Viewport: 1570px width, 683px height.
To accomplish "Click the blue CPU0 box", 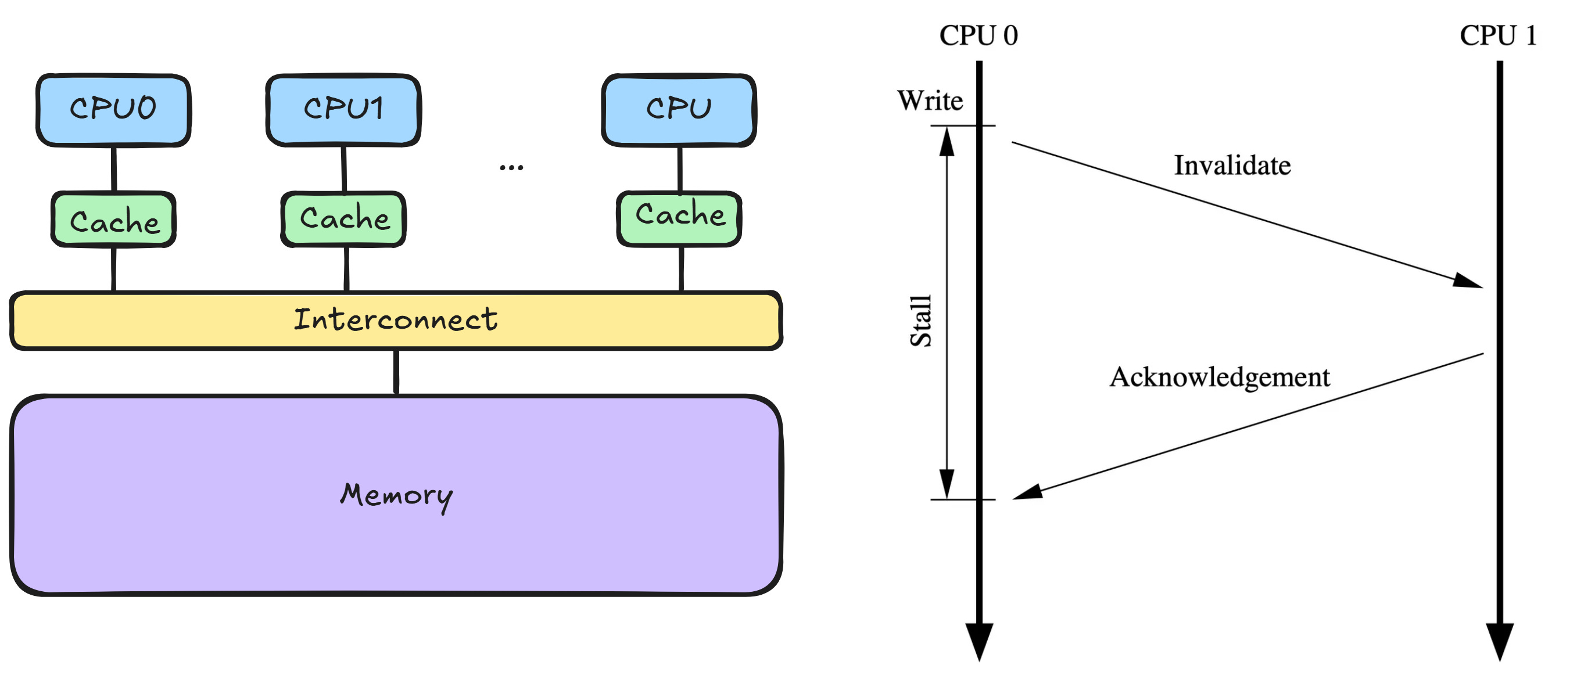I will pyautogui.click(x=113, y=110).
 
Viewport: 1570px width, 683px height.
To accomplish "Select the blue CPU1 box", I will pyautogui.click(x=343, y=110).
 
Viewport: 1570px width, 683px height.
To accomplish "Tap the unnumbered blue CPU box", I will pyautogui.click(x=679, y=110).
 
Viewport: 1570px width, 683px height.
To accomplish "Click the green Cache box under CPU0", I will pyautogui.click(x=114, y=220).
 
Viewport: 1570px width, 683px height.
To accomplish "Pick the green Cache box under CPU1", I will pyautogui.click(x=344, y=219).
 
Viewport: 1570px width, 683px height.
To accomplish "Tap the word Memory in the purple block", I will pyautogui.click(x=396, y=495).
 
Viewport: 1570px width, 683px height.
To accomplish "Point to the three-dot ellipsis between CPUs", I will pyautogui.click(x=511, y=167).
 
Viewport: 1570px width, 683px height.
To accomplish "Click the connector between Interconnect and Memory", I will pyautogui.click(x=396, y=372).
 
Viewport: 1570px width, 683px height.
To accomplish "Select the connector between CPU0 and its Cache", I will pyautogui.click(x=114, y=169).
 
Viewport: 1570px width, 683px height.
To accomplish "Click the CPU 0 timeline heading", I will pyautogui.click(x=978, y=35).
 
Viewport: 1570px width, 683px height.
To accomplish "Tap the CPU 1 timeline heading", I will pyautogui.click(x=1497, y=35).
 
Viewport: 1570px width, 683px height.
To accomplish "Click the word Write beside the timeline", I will pyautogui.click(x=930, y=101).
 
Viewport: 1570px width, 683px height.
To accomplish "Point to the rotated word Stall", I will pyautogui.click(x=921, y=321).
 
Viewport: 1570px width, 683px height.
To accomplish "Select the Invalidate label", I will pyautogui.click(x=1232, y=166).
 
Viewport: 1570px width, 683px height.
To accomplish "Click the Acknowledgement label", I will pyautogui.click(x=1219, y=377).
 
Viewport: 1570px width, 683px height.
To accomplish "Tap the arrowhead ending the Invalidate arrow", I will pyautogui.click(x=1469, y=282).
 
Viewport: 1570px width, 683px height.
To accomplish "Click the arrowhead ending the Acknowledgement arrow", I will pyautogui.click(x=1026, y=493).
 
